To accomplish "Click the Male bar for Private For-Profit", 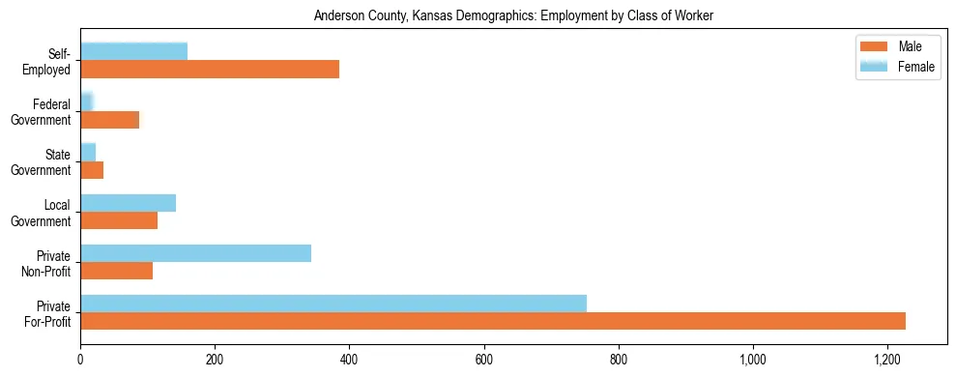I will [493, 321].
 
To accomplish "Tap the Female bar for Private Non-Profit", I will [195, 253].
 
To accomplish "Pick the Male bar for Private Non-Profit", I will [116, 271].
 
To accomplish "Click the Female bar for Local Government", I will [128, 203].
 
